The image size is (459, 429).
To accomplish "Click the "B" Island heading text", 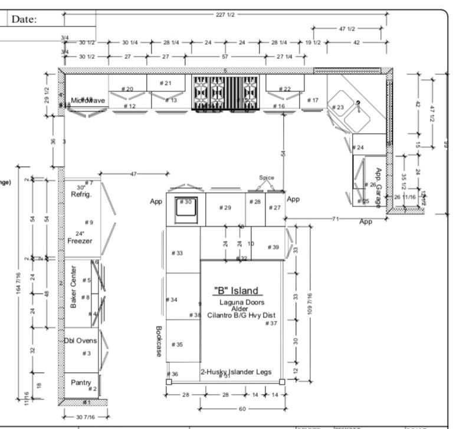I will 235,291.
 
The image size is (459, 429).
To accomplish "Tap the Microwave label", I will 88,101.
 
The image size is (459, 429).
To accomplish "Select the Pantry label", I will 81,382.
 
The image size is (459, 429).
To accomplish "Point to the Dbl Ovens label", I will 81,341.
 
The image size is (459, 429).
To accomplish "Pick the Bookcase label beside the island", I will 159,341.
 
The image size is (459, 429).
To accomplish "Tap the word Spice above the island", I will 267,177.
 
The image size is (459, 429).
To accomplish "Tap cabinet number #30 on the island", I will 186,202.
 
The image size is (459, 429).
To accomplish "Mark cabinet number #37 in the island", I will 271,323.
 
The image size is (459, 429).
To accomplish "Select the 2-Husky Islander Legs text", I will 236,372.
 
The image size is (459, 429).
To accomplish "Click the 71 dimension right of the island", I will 335,219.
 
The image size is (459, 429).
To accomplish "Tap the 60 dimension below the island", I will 242,408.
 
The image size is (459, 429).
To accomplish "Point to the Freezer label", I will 79,240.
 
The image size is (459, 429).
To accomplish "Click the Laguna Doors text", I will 240,302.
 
